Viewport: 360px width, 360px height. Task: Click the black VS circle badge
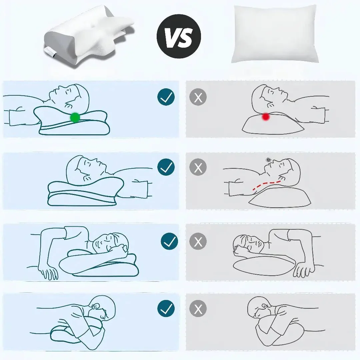[179, 36]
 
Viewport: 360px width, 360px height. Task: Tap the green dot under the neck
[75, 117]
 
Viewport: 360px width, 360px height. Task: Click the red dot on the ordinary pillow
[266, 117]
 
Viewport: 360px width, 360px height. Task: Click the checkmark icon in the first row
[166, 97]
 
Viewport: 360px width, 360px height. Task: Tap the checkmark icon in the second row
[166, 167]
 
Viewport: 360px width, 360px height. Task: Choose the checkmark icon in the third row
[169, 241]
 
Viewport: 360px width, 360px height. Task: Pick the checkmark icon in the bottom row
[166, 309]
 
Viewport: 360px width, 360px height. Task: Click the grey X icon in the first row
[198, 97]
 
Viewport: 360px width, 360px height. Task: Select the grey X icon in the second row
[198, 167]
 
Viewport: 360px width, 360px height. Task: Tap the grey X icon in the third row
[198, 241]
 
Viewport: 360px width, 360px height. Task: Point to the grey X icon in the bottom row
[198, 309]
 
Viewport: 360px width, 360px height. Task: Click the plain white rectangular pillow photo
[275, 34]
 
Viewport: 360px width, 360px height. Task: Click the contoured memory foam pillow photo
[89, 37]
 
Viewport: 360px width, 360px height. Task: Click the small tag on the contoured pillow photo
[49, 52]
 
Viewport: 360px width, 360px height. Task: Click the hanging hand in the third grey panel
[304, 269]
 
